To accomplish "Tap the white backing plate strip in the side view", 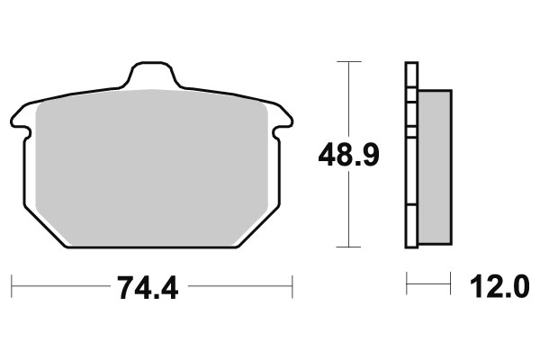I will (411, 180).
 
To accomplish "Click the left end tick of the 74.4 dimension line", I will (13, 288).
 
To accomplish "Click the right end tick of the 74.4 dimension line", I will (293, 288).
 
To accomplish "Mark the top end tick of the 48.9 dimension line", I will (348, 61).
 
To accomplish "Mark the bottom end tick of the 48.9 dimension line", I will (348, 247).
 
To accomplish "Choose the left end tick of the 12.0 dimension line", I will (407, 288).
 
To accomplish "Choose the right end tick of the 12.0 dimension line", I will (450, 288).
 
